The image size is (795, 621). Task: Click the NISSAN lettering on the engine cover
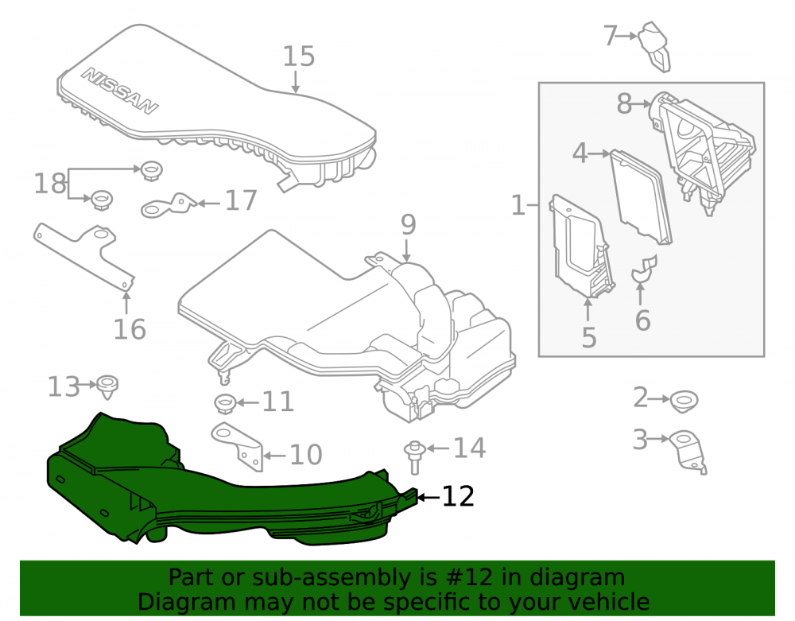tap(120, 90)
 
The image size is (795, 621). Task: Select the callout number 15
tap(299, 56)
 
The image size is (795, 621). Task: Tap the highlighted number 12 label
tap(458, 496)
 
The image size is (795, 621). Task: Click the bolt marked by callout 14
tap(413, 457)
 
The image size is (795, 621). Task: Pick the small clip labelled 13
tap(107, 386)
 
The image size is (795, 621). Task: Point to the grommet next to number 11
tap(225, 403)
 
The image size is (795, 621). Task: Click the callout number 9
tap(409, 225)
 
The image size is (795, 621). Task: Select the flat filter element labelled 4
tap(642, 196)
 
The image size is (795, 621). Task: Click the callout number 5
tap(588, 338)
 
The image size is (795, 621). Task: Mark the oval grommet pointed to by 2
tap(684, 402)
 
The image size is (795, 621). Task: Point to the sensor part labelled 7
tap(654, 47)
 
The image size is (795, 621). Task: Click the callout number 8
tap(624, 104)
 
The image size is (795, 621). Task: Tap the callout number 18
tap(49, 183)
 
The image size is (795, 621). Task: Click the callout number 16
tap(130, 329)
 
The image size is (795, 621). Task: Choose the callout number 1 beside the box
tap(518, 205)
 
